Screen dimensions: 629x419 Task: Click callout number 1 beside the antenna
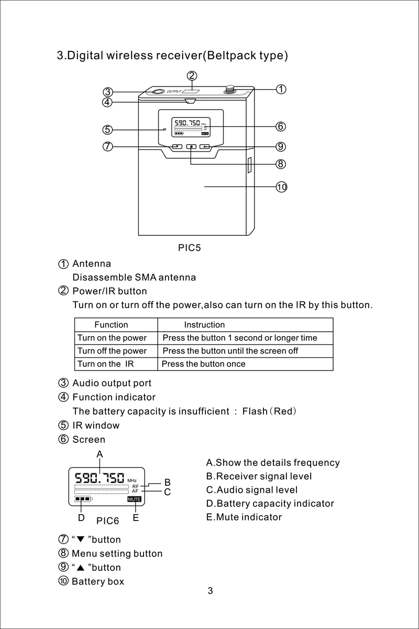281,89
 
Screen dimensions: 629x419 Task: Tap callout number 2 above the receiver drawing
192,75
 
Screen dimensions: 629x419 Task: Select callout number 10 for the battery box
281,187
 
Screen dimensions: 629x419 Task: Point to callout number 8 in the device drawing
281,164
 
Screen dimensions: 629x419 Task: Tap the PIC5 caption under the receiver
190,248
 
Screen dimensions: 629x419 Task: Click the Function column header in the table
111,325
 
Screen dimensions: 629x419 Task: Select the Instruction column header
204,325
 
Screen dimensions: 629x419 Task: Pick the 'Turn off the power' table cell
112,351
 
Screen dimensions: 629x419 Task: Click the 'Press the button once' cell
204,364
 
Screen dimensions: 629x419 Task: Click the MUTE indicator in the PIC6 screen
135,500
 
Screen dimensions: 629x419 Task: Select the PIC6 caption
108,521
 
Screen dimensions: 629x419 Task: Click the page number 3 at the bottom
210,591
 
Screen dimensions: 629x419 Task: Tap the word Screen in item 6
89,439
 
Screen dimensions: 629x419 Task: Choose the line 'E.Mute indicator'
244,517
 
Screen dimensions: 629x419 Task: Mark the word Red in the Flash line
283,411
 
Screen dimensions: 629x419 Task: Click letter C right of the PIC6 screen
168,492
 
